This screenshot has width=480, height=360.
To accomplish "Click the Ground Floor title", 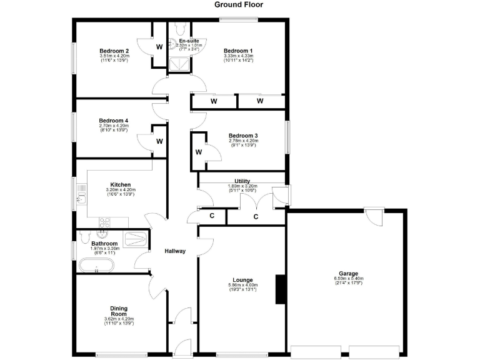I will [x=239, y=4].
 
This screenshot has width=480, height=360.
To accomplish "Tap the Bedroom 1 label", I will [x=238, y=51].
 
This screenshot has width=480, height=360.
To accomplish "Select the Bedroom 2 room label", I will [x=114, y=51].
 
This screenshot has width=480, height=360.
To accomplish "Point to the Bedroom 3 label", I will [x=242, y=136].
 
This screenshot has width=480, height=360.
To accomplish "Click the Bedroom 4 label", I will [x=114, y=121].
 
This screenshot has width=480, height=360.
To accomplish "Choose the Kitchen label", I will [x=120, y=185].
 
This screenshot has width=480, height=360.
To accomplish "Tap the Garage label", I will [x=348, y=274].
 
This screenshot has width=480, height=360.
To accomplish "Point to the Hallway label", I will [x=175, y=251].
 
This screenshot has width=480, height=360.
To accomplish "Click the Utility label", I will [x=242, y=181].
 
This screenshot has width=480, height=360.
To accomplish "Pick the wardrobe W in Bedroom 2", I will [x=159, y=46].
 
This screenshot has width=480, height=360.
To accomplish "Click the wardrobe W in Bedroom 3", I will [x=199, y=152].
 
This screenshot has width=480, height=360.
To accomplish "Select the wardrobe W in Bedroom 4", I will [x=159, y=141].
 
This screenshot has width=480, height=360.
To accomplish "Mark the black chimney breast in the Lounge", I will [x=281, y=289].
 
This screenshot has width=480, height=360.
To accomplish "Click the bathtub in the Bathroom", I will [x=100, y=269].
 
